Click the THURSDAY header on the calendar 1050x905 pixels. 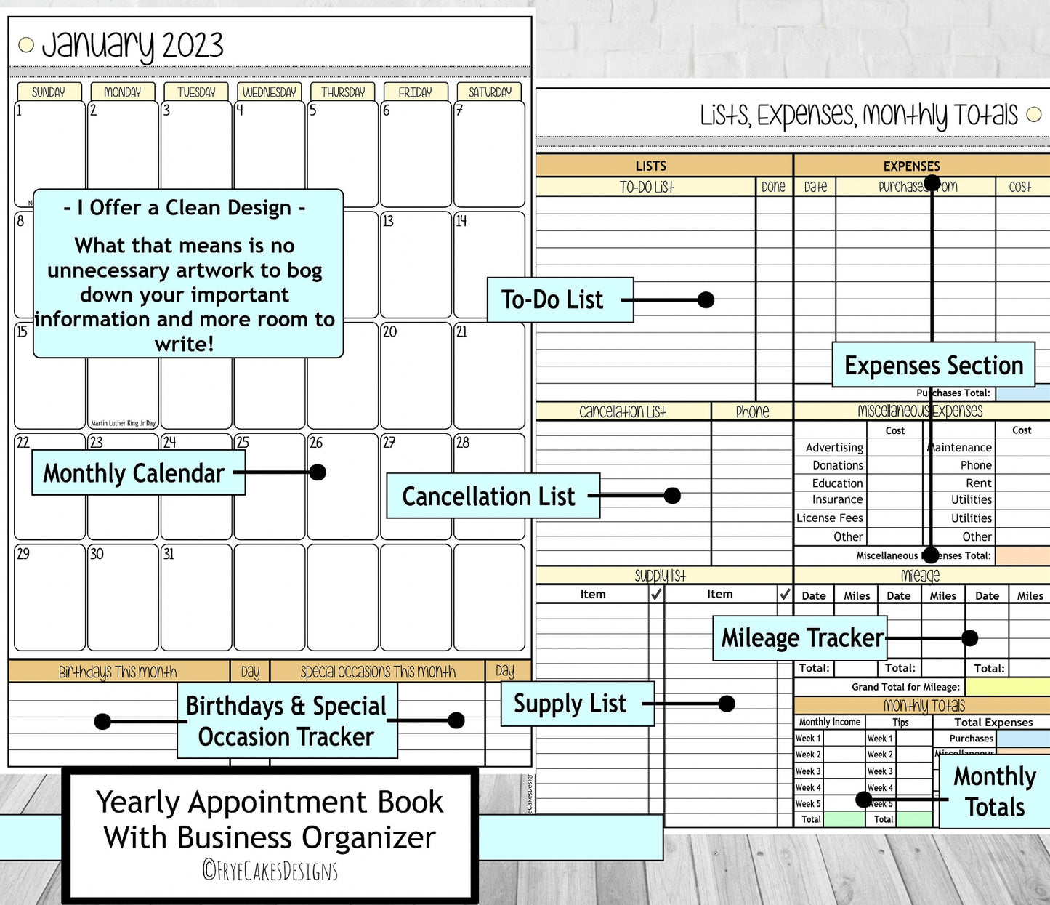(343, 92)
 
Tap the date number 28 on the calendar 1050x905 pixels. (463, 443)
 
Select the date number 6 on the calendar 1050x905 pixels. (387, 110)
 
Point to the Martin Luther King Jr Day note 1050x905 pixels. (123, 423)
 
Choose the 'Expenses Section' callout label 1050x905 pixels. (934, 365)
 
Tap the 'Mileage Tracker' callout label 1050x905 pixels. (801, 638)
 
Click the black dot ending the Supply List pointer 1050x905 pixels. (727, 704)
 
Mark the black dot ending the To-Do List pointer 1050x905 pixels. (706, 299)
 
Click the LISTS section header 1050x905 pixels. (650, 166)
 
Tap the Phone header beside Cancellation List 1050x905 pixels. (752, 411)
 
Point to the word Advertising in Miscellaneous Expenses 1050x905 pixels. (834, 448)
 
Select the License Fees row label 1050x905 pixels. (830, 518)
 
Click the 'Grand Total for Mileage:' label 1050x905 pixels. (905, 687)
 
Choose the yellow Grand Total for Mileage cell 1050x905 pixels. (1007, 687)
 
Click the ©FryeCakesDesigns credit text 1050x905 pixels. (270, 870)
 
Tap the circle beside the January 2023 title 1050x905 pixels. (26, 45)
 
